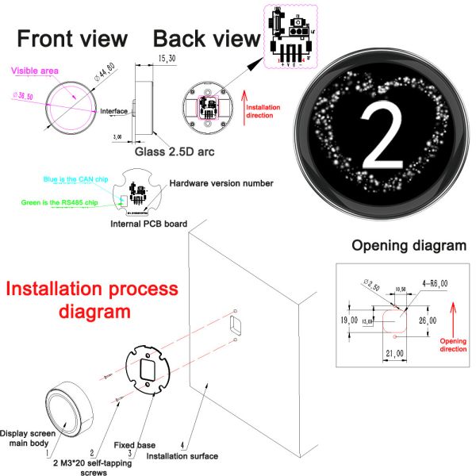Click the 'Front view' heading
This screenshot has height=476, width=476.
[72, 38]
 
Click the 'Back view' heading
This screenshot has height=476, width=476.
[206, 38]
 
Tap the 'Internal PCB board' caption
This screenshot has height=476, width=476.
[150, 225]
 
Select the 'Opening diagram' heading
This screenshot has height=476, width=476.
[409, 246]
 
